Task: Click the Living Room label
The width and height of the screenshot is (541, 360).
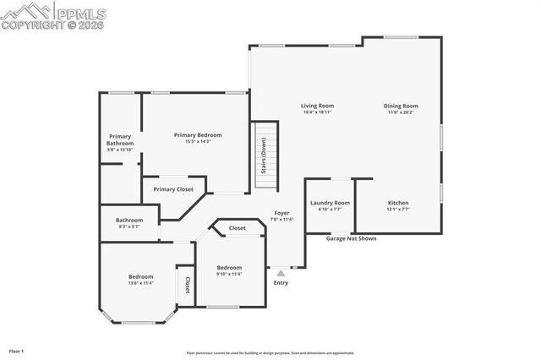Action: click(317, 106)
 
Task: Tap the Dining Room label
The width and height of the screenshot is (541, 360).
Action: click(401, 106)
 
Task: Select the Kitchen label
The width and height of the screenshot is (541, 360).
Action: click(398, 203)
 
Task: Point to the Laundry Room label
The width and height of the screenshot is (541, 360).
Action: click(330, 203)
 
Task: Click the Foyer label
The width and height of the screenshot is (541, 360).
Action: click(281, 213)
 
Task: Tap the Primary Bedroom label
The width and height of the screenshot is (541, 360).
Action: click(198, 135)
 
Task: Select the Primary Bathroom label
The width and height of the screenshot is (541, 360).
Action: click(120, 139)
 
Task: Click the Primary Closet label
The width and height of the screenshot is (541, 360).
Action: click(173, 189)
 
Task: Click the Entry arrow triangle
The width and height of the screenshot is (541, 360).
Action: click(281, 272)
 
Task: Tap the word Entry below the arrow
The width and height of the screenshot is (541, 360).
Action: click(281, 282)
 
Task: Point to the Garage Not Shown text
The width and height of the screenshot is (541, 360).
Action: click(351, 238)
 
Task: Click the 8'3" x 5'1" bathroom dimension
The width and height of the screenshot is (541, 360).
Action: click(129, 226)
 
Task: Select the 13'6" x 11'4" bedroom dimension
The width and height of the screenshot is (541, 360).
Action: click(140, 283)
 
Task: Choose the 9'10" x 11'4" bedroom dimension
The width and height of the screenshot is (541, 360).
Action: click(228, 274)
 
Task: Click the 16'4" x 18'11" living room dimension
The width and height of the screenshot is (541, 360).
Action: click(317, 112)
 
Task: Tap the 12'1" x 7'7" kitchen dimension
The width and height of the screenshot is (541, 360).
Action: click(398, 210)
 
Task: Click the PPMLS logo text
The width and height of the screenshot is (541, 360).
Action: click(81, 12)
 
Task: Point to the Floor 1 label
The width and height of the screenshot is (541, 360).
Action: click(16, 350)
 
